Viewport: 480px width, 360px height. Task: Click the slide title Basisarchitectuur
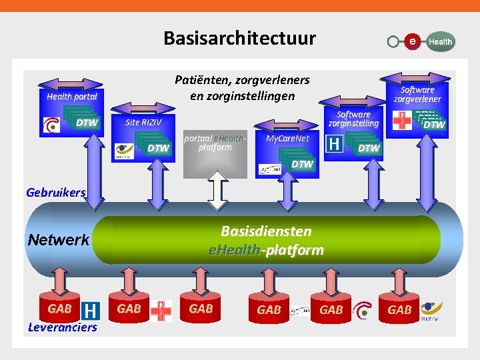[239, 38]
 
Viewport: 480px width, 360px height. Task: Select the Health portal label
[72, 96]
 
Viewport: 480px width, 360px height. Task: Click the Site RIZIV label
[143, 123]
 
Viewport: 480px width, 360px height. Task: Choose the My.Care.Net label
[287, 139]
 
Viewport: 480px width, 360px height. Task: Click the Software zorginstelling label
[353, 119]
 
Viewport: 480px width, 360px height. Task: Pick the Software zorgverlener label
[417, 94]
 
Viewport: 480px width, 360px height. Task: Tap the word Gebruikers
[56, 193]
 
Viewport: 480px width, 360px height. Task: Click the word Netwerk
[59, 239]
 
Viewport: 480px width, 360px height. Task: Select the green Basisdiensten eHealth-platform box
[266, 241]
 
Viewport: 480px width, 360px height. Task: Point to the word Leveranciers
[63, 327]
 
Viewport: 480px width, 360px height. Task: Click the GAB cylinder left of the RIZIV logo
[399, 310]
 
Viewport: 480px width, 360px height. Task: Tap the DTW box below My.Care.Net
[302, 164]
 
